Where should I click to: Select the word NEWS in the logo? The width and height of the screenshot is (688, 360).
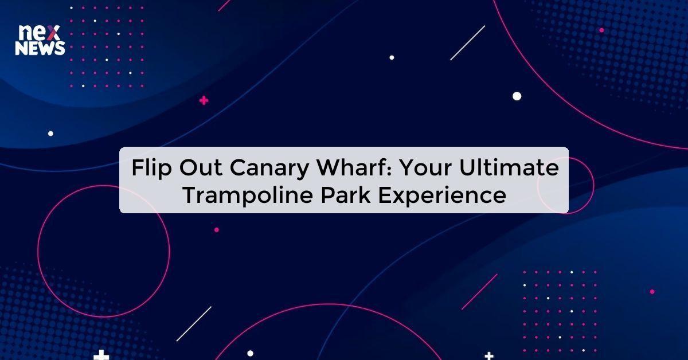click(x=40, y=49)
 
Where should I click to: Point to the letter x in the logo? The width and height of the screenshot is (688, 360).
click(x=56, y=33)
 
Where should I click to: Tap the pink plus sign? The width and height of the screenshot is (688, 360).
click(x=204, y=101)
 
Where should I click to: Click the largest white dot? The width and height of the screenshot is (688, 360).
click(x=517, y=96)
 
